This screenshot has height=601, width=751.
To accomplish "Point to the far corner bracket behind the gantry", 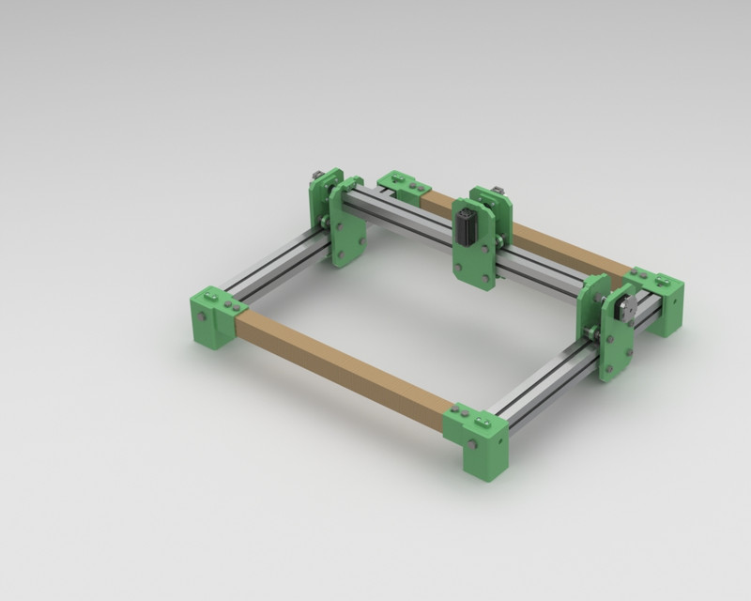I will point(404,186).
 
